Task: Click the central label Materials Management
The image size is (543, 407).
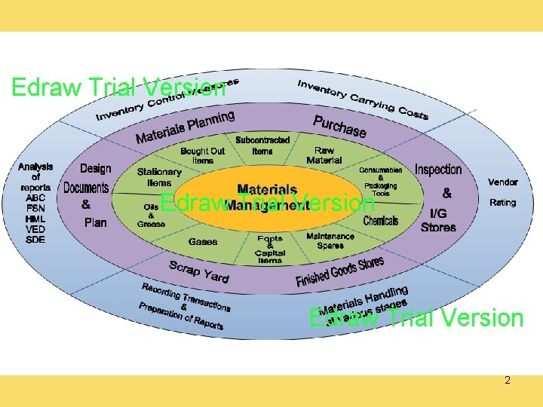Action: click(267, 195)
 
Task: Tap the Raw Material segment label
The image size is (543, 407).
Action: click(324, 155)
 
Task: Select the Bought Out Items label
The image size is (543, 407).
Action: click(202, 155)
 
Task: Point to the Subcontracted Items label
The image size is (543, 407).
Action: click(262, 145)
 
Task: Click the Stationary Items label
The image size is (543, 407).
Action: click(159, 177)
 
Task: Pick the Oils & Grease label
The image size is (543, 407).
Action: click(151, 215)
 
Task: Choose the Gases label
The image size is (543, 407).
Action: click(202, 242)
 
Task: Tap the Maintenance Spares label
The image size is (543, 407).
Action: click(330, 240)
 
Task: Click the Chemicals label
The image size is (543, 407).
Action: click(380, 221)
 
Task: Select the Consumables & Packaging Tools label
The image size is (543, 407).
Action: click(380, 182)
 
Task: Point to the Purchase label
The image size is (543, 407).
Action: click(339, 127)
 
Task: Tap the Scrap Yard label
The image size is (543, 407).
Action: click(198, 271)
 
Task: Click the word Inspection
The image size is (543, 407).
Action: click(437, 170)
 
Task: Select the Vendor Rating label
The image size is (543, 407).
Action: click(502, 192)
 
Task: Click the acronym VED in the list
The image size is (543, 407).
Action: click(35, 229)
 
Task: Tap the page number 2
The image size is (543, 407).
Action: click(508, 380)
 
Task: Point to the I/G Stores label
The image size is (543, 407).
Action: click(438, 220)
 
